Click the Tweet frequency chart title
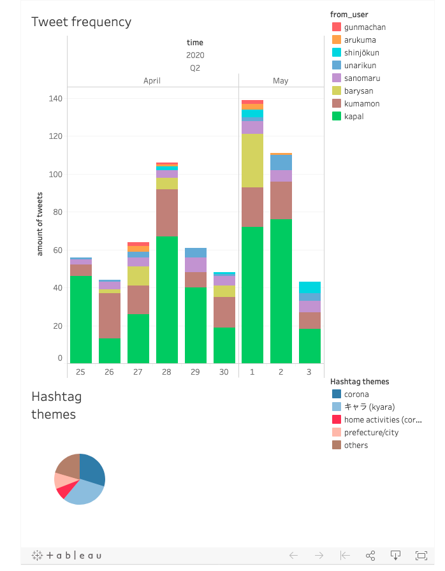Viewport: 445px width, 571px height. (x=82, y=22)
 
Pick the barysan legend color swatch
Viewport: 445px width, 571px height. (x=337, y=91)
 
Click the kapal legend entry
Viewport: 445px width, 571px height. (x=353, y=117)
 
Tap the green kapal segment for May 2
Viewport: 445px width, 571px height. (x=281, y=291)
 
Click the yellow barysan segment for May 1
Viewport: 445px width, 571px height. (x=252, y=160)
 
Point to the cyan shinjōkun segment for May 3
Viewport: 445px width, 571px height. (x=310, y=287)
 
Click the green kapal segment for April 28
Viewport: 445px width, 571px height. (x=167, y=300)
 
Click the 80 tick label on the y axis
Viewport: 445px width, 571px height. (x=57, y=212)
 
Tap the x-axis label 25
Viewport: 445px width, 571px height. (x=81, y=372)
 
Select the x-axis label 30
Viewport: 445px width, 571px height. (x=224, y=372)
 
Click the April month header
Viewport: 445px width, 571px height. (x=152, y=81)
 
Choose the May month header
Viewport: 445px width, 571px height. (x=281, y=81)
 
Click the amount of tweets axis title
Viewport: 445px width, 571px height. (x=40, y=223)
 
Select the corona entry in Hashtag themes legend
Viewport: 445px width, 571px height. (x=356, y=394)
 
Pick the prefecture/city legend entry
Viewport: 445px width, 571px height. (x=370, y=433)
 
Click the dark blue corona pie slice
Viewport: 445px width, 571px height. (x=93, y=469)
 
